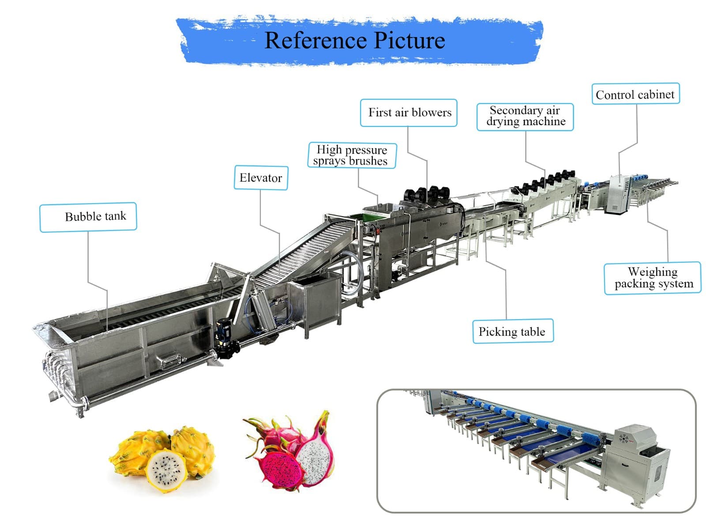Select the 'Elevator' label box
(261, 178)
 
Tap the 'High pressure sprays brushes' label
(352, 156)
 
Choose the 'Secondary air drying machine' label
(525, 117)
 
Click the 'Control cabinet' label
(635, 94)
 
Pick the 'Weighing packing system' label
(652, 278)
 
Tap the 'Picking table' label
(512, 332)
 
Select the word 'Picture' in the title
(409, 41)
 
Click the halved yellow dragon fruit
(166, 470)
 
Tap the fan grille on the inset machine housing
(623, 439)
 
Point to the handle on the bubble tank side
(171, 361)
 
